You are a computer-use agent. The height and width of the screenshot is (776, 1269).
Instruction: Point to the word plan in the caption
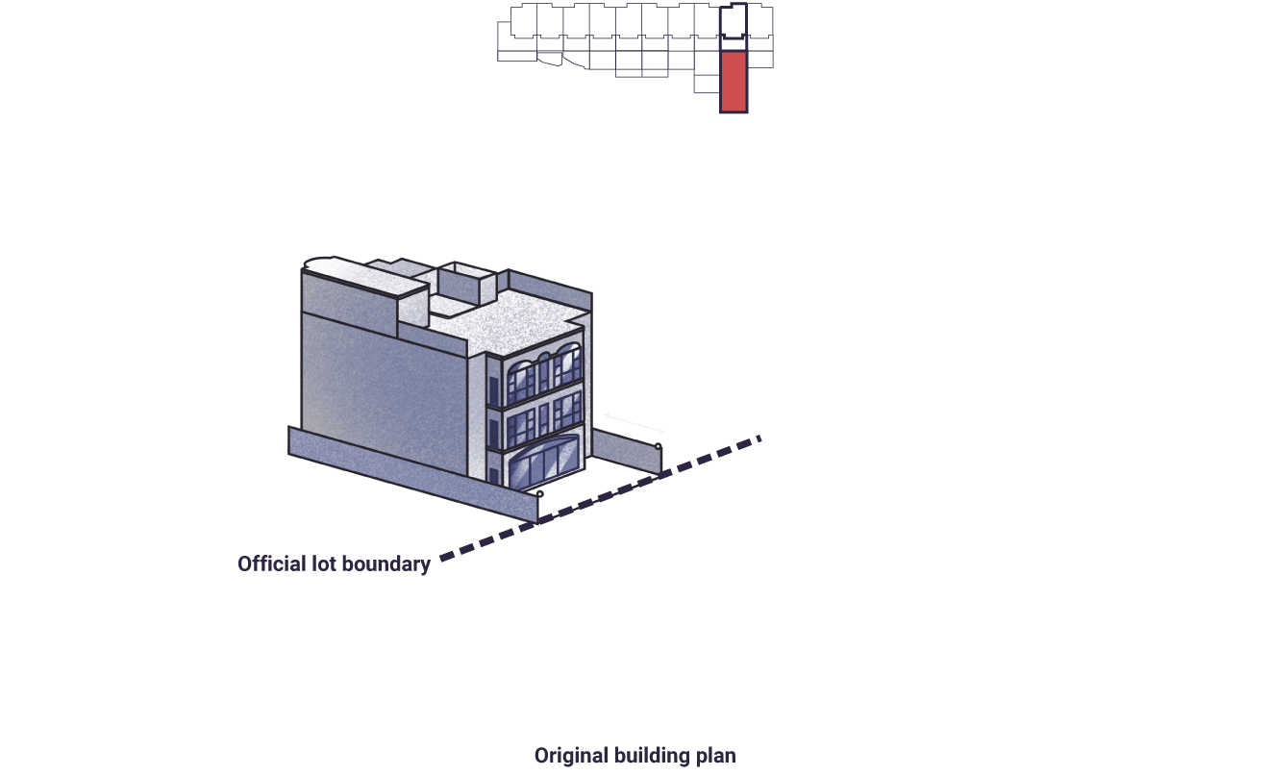pos(716,756)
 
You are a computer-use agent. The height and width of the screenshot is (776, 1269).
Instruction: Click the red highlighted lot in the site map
pos(734,83)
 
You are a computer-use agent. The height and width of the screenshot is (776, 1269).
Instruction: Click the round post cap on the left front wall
pos(540,494)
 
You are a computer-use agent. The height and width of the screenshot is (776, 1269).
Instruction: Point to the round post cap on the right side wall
pos(658,447)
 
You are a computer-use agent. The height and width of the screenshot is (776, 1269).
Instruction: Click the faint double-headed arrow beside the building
pos(633,423)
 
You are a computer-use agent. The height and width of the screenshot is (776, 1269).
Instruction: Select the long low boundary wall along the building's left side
pos(412,473)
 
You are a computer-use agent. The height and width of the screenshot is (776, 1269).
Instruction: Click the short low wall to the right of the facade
pos(627,451)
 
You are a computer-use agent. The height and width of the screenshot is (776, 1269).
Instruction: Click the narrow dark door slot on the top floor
pos(493,391)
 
